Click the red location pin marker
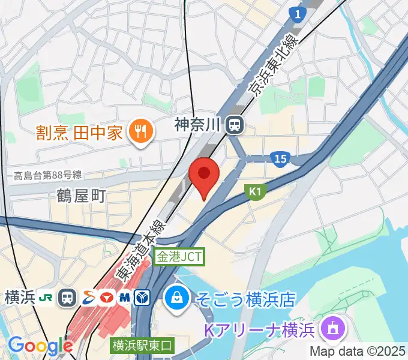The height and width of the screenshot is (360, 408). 203,176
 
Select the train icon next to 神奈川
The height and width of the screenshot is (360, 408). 235,125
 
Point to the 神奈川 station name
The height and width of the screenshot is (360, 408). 198,125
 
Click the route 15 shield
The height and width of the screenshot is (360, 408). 279,159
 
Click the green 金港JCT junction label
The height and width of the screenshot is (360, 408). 179,257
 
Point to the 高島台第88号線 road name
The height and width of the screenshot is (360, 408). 47,176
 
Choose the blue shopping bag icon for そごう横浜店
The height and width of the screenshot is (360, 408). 178,296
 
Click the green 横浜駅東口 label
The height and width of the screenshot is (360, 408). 142,346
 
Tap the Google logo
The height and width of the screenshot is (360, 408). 40,346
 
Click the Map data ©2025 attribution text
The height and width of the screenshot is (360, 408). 358,351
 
